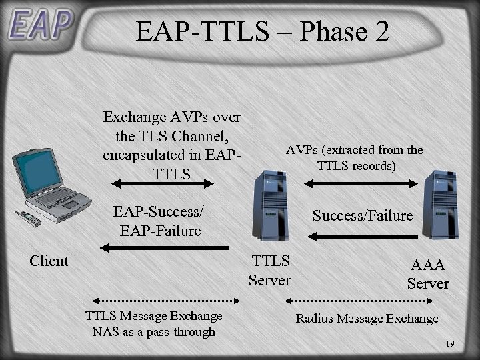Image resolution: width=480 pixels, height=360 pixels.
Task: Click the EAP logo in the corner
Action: point(39,25)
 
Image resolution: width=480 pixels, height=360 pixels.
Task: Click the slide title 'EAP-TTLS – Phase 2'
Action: point(262,31)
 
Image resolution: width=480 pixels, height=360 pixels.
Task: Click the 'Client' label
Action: point(49,261)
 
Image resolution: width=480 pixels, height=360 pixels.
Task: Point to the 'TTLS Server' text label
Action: point(269,270)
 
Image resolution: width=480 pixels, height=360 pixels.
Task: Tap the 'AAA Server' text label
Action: point(428,274)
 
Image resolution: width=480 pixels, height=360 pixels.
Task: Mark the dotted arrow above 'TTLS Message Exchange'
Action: point(154,301)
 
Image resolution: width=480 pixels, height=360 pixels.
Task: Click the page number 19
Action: point(449,344)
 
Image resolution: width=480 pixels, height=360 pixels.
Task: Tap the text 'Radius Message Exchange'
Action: point(367,319)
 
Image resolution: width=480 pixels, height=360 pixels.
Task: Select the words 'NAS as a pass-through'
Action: point(154,331)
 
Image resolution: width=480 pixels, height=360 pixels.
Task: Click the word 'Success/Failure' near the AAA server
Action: point(363,215)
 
